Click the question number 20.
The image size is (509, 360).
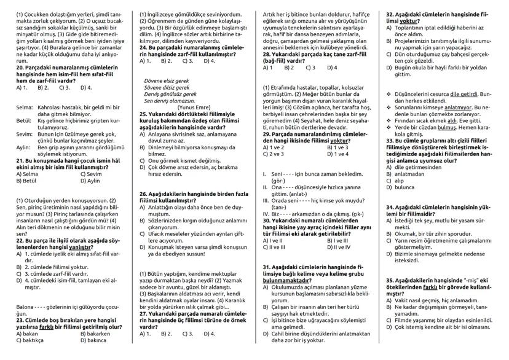point(20,67)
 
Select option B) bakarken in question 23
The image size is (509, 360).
point(93,333)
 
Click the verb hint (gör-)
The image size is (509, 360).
point(278,181)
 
